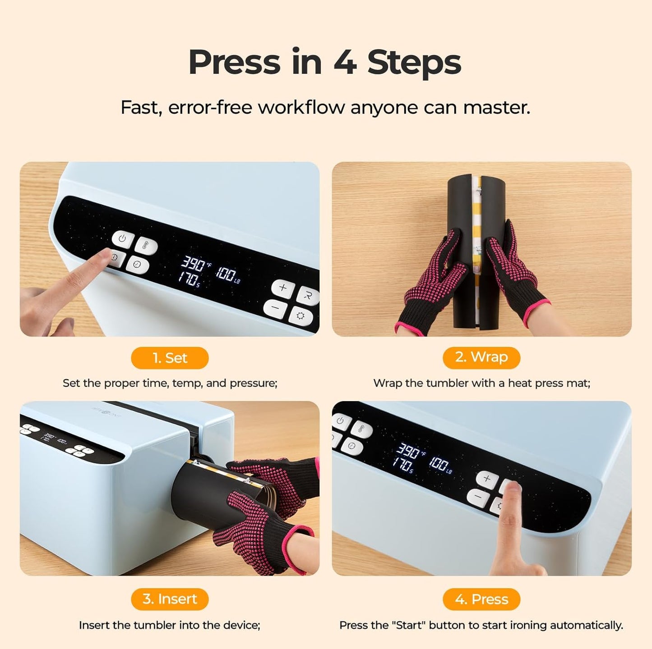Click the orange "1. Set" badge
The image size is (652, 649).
170,358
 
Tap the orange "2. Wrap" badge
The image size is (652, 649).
481,357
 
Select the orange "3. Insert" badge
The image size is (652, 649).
170,599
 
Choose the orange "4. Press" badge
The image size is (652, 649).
481,599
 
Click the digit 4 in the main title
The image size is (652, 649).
345,62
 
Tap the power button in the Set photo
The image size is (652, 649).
122,238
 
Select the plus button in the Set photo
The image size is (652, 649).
283,288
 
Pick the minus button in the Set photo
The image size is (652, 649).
275,309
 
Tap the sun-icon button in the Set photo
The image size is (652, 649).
301,316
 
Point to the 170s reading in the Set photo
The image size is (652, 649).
189,278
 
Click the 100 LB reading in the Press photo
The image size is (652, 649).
440,464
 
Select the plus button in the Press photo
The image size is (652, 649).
487,479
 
